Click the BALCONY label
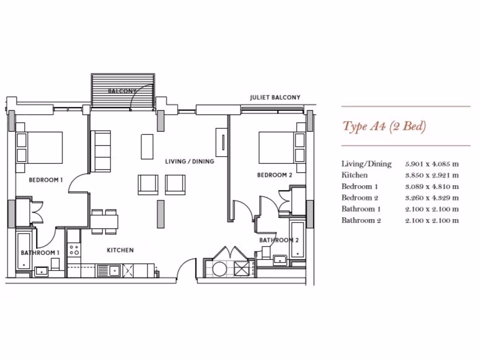click(x=122, y=91)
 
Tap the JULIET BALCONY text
click(x=275, y=97)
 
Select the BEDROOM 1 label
click(x=46, y=180)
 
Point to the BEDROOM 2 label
click(x=275, y=175)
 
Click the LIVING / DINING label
click(x=189, y=161)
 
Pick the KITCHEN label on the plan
click(x=120, y=250)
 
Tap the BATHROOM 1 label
click(x=40, y=253)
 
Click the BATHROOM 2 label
click(x=279, y=240)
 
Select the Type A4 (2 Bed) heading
click(x=384, y=127)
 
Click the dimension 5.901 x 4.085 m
click(x=432, y=164)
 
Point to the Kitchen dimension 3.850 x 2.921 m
click(x=432, y=175)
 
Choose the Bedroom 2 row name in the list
click(x=360, y=198)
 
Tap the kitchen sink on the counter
click(x=109, y=270)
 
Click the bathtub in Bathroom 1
click(x=23, y=250)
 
